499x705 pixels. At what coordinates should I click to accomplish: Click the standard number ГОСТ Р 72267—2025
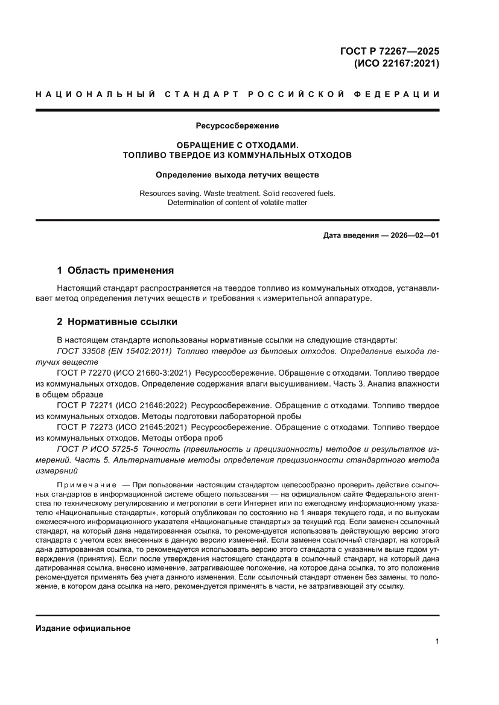click(x=390, y=50)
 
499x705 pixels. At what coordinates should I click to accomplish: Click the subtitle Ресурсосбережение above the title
click(x=237, y=126)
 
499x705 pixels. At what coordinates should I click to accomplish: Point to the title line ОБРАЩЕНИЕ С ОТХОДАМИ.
click(x=237, y=145)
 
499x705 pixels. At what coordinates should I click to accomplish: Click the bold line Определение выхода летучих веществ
click(x=237, y=175)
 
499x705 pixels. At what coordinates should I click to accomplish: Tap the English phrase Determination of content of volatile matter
click(x=237, y=203)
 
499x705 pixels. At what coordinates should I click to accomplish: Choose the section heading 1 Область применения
click(x=115, y=270)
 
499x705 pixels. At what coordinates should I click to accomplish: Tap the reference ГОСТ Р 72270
click(x=86, y=373)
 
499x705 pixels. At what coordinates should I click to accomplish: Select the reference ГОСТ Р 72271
click(x=86, y=405)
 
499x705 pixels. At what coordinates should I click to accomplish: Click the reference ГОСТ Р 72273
click(x=86, y=427)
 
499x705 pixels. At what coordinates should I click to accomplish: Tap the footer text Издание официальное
click(x=83, y=628)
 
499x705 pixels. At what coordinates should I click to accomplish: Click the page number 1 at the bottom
click(x=436, y=642)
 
